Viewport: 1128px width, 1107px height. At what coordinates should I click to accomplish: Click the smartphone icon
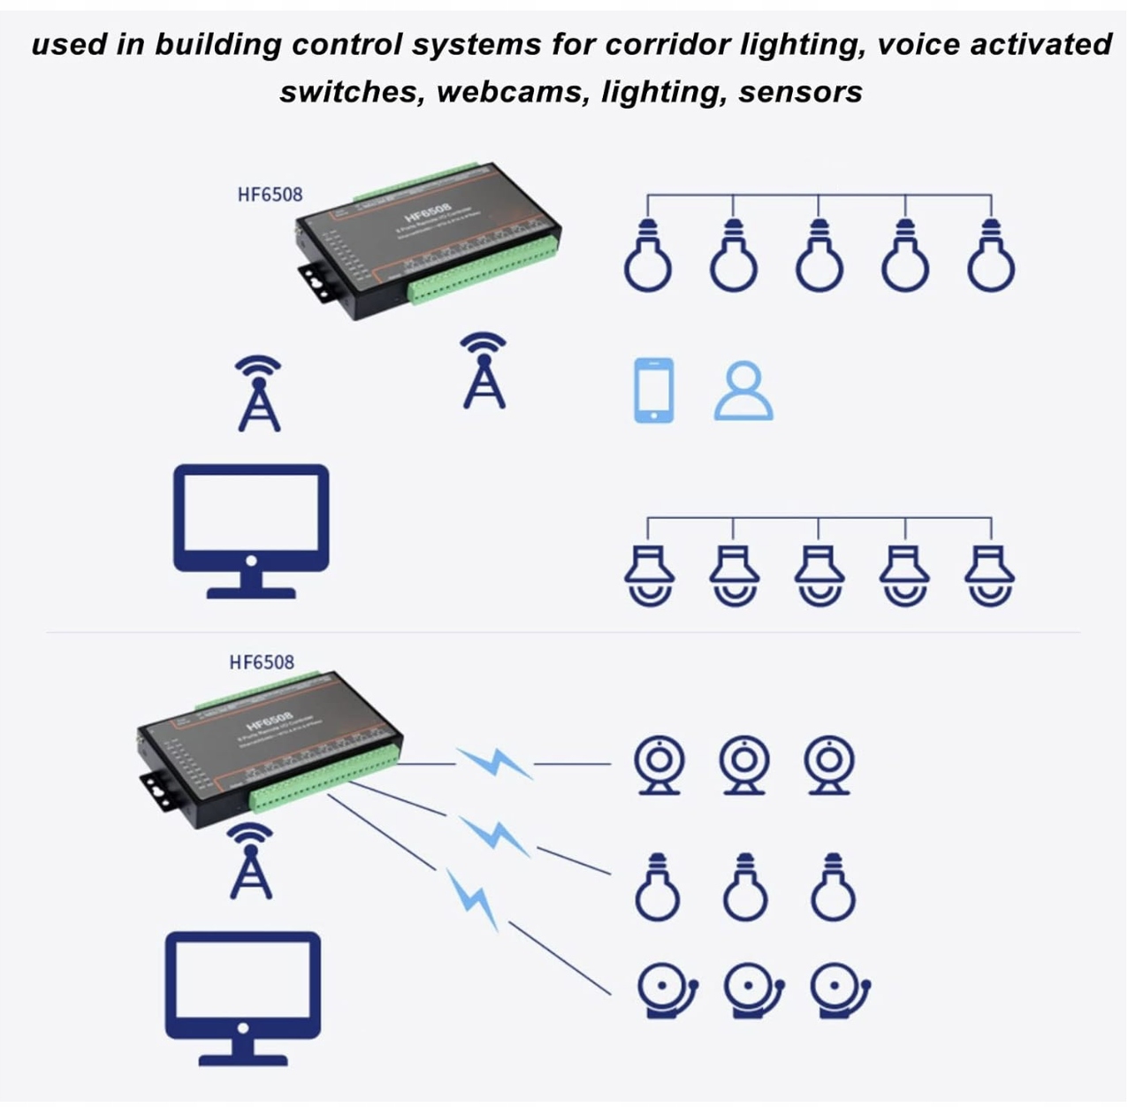(654, 390)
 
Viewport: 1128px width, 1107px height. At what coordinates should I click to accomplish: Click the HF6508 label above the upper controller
(270, 195)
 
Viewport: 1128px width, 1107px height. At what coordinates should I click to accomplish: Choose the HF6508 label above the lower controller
(262, 662)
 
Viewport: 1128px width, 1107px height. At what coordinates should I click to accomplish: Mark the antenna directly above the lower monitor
(251, 861)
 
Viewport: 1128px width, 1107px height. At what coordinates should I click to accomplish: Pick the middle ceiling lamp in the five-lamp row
(819, 575)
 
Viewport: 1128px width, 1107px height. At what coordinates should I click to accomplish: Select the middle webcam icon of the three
(743, 765)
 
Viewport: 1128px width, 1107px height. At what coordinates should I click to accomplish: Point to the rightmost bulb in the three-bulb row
(833, 889)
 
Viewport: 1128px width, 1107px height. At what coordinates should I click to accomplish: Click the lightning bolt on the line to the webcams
(495, 762)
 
